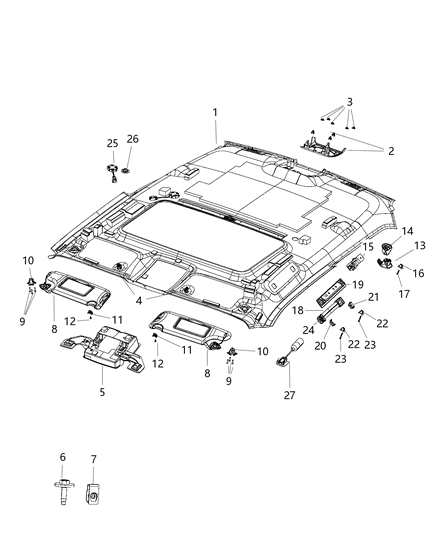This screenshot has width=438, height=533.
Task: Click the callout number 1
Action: (x=215, y=113)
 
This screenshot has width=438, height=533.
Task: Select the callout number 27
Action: (x=290, y=395)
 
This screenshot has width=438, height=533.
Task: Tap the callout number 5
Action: (x=102, y=392)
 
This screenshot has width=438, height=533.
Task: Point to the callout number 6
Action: (x=62, y=457)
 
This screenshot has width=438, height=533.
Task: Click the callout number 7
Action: (x=93, y=459)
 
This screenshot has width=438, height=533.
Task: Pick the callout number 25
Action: (x=112, y=143)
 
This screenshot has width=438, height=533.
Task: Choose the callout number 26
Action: (x=133, y=139)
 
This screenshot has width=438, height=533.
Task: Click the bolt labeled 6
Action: (x=64, y=491)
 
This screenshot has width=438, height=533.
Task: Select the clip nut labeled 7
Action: (x=92, y=493)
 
